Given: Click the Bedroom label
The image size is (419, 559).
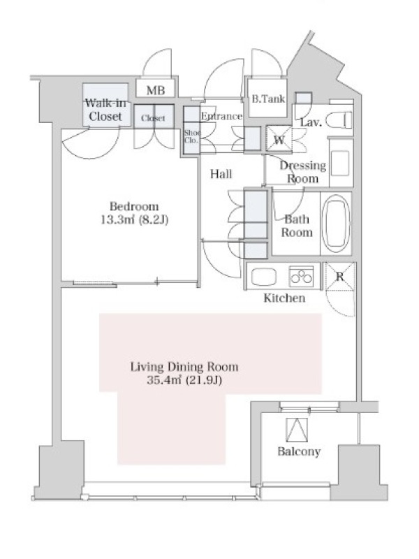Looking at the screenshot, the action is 134,206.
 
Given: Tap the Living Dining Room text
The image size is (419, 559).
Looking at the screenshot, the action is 184,367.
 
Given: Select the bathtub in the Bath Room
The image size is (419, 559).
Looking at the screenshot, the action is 336,223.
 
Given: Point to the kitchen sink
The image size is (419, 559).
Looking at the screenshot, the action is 264,277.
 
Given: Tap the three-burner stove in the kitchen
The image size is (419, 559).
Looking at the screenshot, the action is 302,276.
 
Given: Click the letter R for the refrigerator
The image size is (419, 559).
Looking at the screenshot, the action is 339,276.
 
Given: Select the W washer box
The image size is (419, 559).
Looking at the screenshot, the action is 279,138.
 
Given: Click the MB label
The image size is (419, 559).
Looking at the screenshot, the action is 156,91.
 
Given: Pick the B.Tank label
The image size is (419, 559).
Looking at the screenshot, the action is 268,99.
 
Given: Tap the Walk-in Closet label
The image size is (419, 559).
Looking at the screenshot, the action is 105,110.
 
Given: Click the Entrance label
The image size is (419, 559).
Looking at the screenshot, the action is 221,116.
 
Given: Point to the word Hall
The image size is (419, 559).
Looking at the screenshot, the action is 221,174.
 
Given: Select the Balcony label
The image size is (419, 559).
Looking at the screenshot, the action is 299,451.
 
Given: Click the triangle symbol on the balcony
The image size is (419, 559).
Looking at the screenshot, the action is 297,430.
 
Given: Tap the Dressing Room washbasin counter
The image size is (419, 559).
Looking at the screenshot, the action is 341,163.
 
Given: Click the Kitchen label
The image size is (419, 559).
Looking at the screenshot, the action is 284,298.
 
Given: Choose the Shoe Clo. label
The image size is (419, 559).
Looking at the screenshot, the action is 191,136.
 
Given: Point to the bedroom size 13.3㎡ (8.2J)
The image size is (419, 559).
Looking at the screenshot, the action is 134,220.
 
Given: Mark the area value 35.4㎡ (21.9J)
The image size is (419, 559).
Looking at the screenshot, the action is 184,380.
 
